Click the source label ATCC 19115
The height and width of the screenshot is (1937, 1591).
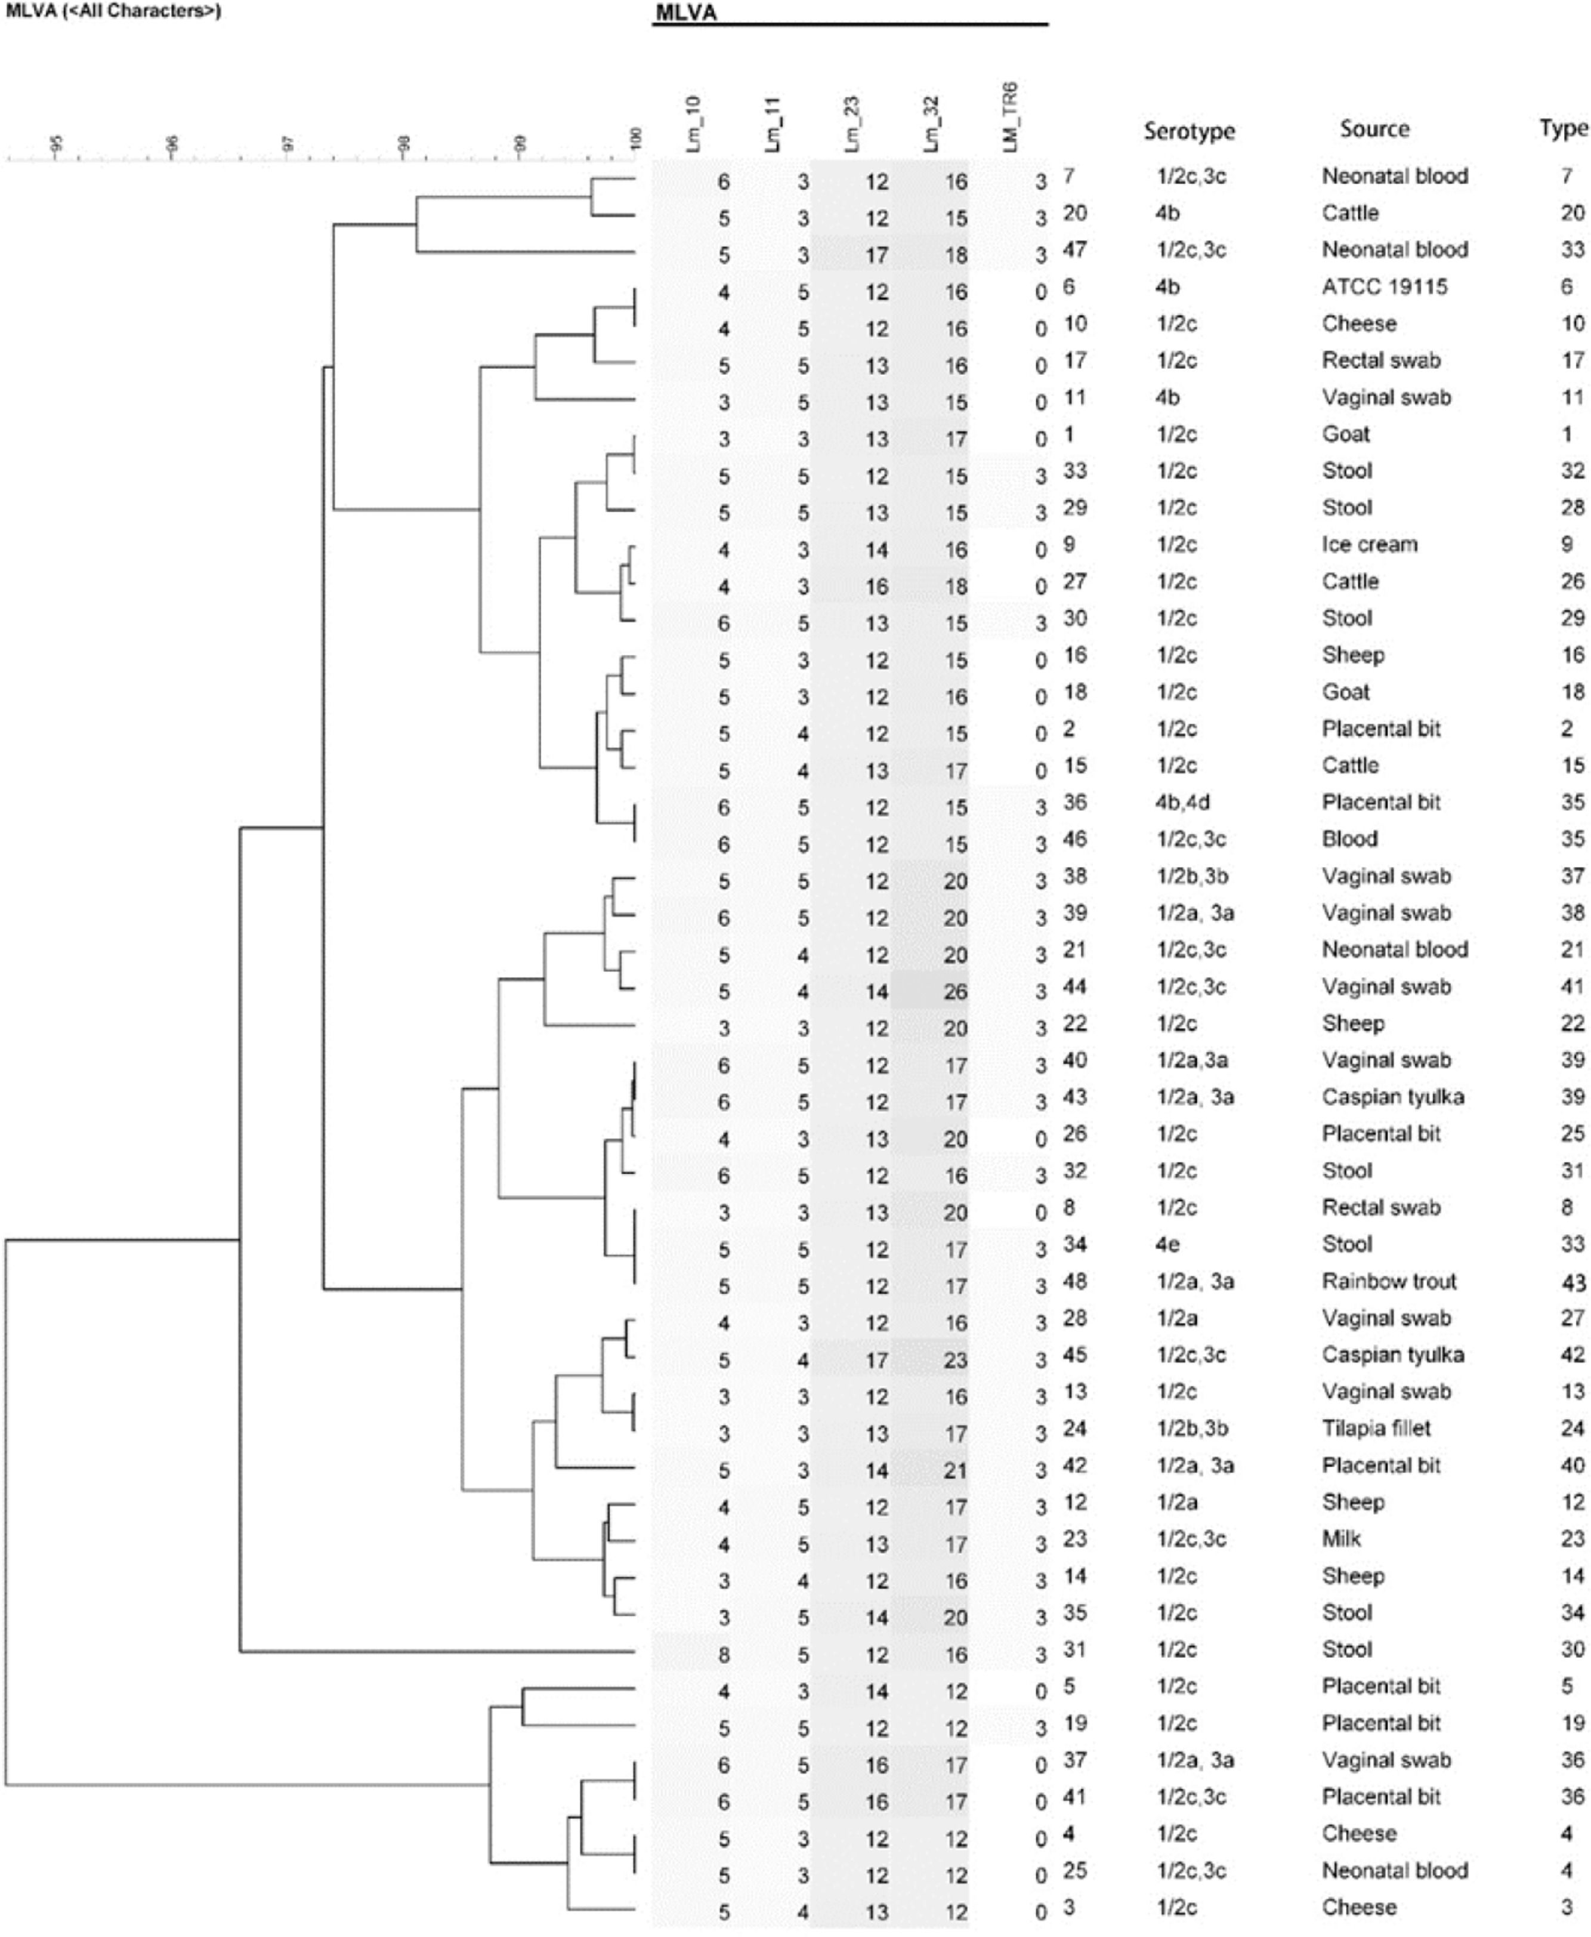point(1384,287)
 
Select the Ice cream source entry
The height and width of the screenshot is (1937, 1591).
point(1369,545)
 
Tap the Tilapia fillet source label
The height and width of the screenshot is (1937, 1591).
point(1376,1428)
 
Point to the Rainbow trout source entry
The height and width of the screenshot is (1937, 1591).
point(1388,1281)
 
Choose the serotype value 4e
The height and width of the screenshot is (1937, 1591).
point(1167,1244)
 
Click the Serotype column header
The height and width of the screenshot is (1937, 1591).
point(1189,131)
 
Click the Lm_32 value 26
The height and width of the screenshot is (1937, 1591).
point(955,992)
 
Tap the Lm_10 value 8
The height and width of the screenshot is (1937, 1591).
point(724,1655)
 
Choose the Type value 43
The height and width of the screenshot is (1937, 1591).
point(1573,1282)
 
